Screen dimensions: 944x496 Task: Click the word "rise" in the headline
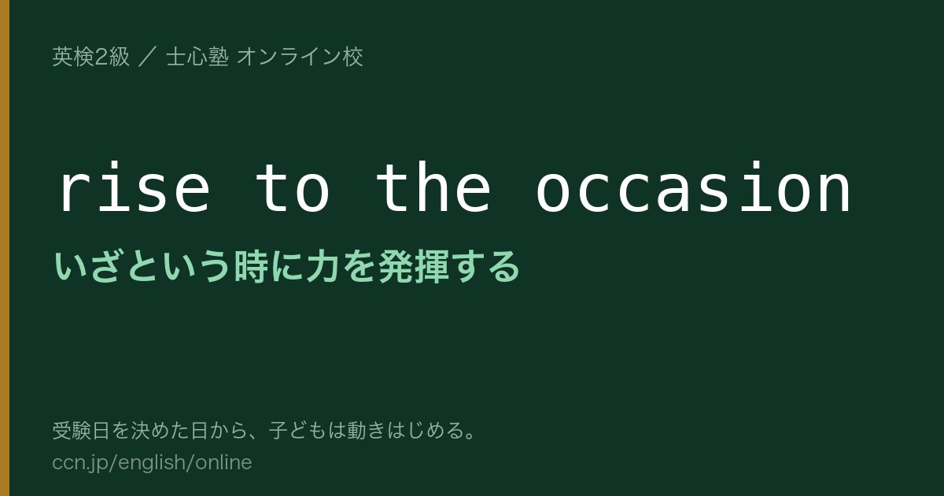[135, 187]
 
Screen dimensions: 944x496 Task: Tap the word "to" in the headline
[292, 187]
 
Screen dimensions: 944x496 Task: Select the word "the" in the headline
[433, 187]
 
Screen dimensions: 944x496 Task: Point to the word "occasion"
[693, 187]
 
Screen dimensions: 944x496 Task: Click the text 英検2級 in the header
[91, 57]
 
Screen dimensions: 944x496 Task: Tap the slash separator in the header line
[148, 57]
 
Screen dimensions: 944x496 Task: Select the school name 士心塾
[197, 57]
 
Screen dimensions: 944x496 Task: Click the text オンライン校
[300, 57]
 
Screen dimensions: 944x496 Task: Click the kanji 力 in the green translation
[323, 267]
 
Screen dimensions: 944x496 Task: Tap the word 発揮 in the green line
[414, 267]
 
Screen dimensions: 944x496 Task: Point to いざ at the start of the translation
[87, 267]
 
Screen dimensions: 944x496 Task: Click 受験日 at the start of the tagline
[81, 431]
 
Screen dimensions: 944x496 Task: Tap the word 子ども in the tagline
[298, 431]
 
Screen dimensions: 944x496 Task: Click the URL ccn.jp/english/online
[152, 463]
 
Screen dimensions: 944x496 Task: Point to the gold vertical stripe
[5, 248]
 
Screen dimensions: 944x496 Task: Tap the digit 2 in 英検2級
[101, 57]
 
